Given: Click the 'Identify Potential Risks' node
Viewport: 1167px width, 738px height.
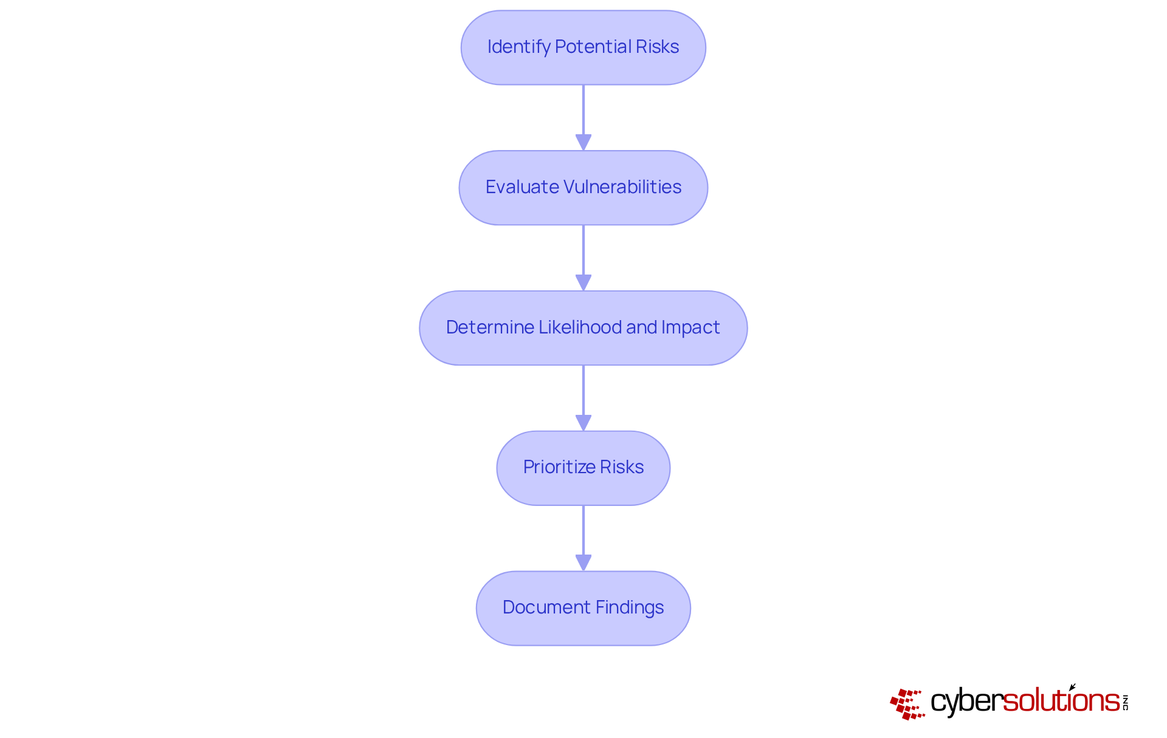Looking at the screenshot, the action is pyautogui.click(x=583, y=47).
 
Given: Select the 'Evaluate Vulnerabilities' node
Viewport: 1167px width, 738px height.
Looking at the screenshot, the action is pyautogui.click(x=583, y=188).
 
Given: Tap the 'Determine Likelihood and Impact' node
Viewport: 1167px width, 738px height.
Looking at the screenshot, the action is pyautogui.click(x=583, y=328).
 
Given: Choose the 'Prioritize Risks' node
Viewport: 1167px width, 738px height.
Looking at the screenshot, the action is pyautogui.click(x=583, y=468).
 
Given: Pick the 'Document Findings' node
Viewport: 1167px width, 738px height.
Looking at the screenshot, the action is pyautogui.click(x=583, y=608).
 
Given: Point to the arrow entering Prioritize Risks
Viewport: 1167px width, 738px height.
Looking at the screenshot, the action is pyautogui.click(x=583, y=397).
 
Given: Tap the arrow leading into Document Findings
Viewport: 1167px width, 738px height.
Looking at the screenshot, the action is pyautogui.click(x=583, y=538).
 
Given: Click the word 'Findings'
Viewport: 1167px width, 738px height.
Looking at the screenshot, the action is pyautogui.click(x=629, y=607).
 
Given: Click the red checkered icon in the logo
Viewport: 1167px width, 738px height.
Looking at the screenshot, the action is pyautogui.click(x=907, y=703).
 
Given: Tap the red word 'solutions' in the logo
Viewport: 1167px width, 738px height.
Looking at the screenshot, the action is pyautogui.click(x=1061, y=701).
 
